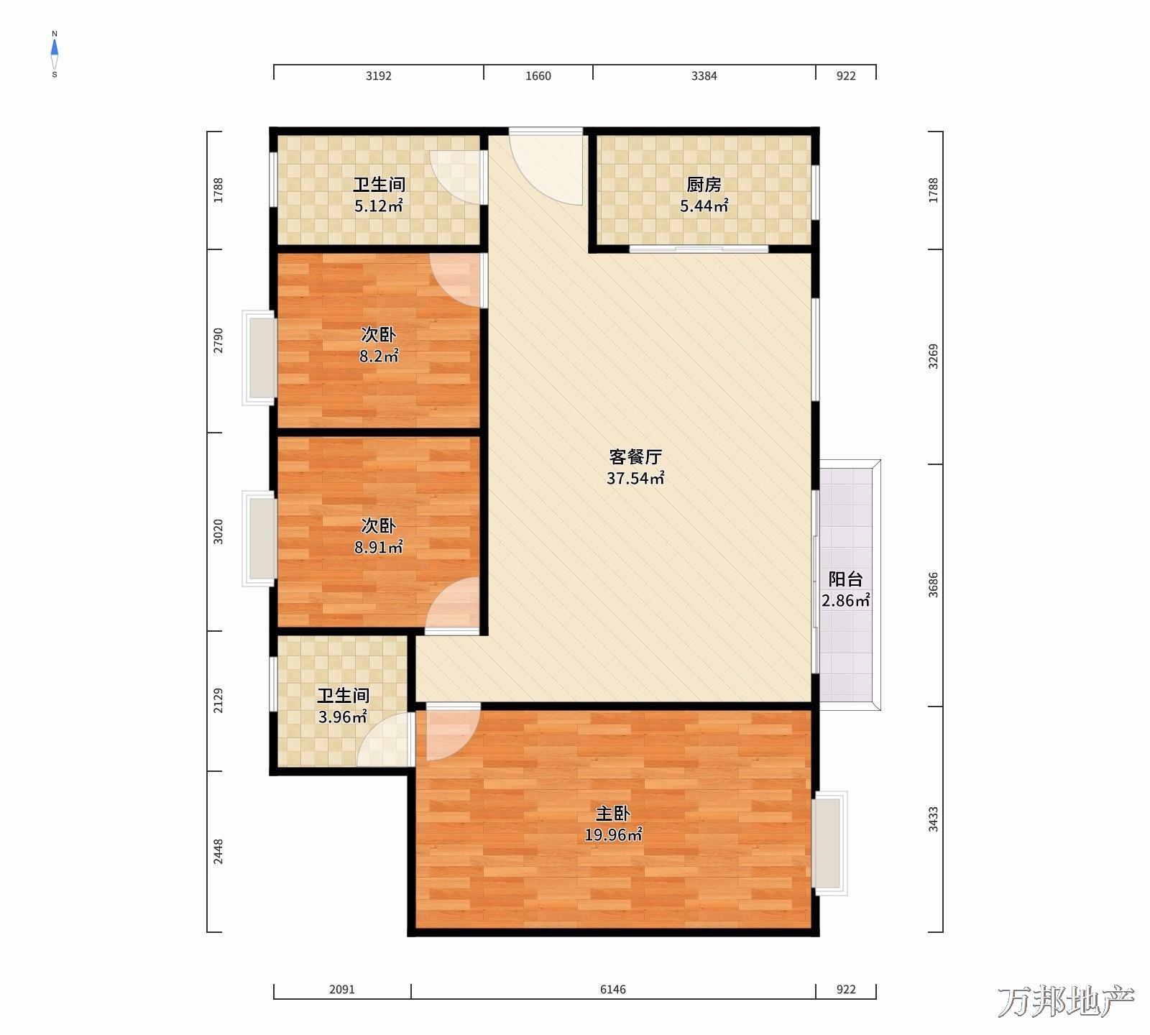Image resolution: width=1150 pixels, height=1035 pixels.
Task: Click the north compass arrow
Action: click(55, 49)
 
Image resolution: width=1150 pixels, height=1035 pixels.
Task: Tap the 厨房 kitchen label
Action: click(704, 185)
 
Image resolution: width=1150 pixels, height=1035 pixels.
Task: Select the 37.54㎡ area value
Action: click(635, 478)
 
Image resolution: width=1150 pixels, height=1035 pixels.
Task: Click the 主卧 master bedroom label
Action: click(613, 814)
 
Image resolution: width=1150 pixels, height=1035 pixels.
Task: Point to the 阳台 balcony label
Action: click(845, 579)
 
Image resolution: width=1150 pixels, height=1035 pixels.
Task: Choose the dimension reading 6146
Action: click(613, 990)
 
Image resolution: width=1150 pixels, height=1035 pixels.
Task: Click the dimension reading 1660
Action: click(538, 76)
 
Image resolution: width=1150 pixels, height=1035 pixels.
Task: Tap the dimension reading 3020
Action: click(218, 531)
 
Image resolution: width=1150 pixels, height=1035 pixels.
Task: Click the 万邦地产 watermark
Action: click(1067, 1002)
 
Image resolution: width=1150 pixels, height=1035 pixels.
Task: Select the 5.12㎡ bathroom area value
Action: click(378, 206)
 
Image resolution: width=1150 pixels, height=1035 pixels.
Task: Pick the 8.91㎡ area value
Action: click(378, 548)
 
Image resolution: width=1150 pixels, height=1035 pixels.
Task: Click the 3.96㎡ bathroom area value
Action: click(343, 717)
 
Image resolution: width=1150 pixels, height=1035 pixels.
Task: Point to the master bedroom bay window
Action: click(829, 843)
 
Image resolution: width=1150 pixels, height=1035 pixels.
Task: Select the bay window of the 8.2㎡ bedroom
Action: click(259, 357)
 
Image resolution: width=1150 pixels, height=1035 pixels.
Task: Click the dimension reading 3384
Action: click(704, 76)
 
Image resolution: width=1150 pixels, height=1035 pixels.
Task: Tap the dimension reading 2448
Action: click(218, 852)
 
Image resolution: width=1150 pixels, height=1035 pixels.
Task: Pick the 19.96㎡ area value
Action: click(613, 835)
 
